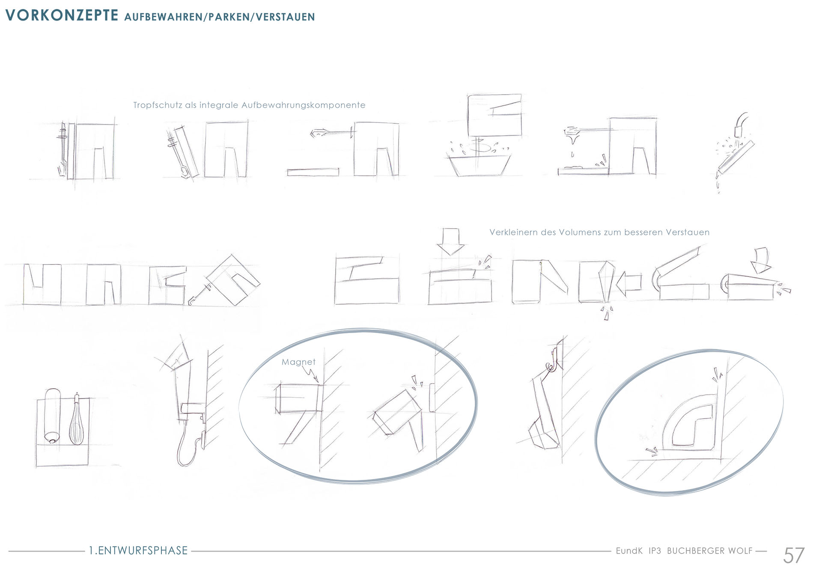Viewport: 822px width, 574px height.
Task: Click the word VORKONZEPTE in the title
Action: pyautogui.click(x=62, y=15)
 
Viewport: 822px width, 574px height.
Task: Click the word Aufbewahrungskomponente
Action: pyautogui.click(x=304, y=105)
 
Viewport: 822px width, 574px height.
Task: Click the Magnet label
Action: pyautogui.click(x=298, y=362)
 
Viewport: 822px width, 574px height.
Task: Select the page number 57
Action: pyautogui.click(x=794, y=555)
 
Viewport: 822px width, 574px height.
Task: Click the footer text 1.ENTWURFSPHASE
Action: pyautogui.click(x=138, y=550)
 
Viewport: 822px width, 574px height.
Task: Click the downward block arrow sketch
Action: pyautogui.click(x=450, y=242)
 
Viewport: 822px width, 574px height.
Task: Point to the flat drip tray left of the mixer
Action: pyautogui.click(x=313, y=172)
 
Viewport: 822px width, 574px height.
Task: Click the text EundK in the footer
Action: pyautogui.click(x=629, y=551)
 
